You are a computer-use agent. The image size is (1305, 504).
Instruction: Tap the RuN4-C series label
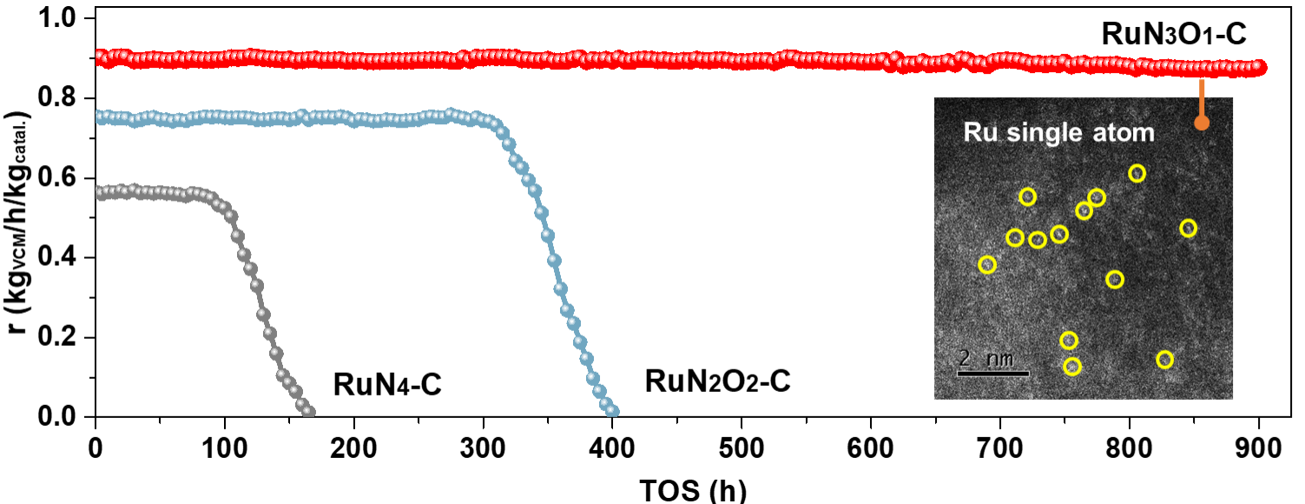coord(387,383)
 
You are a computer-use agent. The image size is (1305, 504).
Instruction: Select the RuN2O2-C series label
coord(717,381)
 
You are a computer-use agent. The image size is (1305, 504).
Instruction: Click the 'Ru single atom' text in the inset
coord(1058,133)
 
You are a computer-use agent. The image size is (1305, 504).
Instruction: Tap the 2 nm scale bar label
coord(981,357)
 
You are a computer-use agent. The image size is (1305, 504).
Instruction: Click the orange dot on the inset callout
coord(1202,123)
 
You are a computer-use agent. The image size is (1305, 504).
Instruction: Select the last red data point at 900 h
coord(1260,68)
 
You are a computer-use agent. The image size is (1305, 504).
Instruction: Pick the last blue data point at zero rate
coord(612,412)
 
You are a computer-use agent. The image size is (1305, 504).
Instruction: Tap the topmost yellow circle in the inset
coord(1137,174)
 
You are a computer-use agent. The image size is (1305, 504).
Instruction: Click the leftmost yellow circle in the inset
coord(987,265)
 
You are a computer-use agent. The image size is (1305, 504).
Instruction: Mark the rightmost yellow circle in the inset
coord(1189,229)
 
